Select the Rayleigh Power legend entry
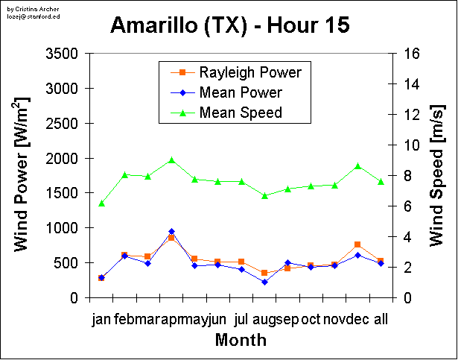pos(249,72)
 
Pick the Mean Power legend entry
pos(241,92)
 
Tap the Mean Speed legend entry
pos(241,113)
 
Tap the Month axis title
pos(241,340)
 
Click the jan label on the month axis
pos(101,320)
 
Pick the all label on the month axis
pos(381,320)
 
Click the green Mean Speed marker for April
pos(171,160)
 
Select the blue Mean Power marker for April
pos(171,232)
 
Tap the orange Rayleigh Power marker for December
pos(357,244)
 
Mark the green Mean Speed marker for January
pos(101,203)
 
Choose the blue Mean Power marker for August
pos(264,282)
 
